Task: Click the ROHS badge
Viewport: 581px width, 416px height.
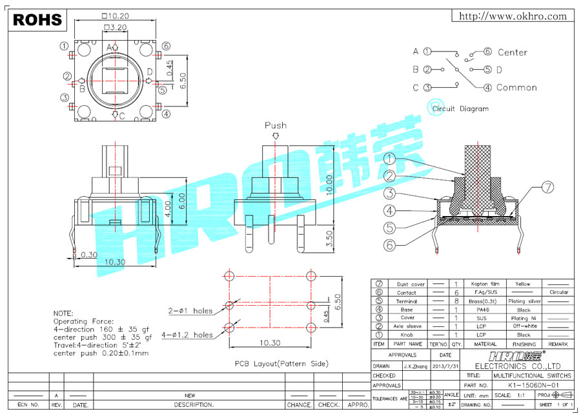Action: coord(37,20)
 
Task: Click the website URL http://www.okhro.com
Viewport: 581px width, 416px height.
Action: coord(513,17)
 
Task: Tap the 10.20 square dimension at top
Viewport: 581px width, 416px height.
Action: coord(114,15)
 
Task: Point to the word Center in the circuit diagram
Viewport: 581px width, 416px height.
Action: coord(513,52)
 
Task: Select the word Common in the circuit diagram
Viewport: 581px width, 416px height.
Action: coord(516,88)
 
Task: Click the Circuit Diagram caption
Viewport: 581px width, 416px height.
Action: coord(460,109)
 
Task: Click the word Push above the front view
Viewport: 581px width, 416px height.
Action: coord(276,125)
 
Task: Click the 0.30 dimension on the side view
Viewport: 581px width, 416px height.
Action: coord(90,254)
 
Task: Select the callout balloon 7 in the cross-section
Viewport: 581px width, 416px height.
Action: coord(547,188)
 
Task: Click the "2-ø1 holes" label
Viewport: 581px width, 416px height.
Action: coord(190,311)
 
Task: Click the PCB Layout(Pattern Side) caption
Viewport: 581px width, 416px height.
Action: coord(281,364)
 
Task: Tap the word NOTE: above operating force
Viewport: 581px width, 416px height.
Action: coord(63,313)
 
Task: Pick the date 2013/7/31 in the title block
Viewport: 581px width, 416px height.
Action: coord(445,366)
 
